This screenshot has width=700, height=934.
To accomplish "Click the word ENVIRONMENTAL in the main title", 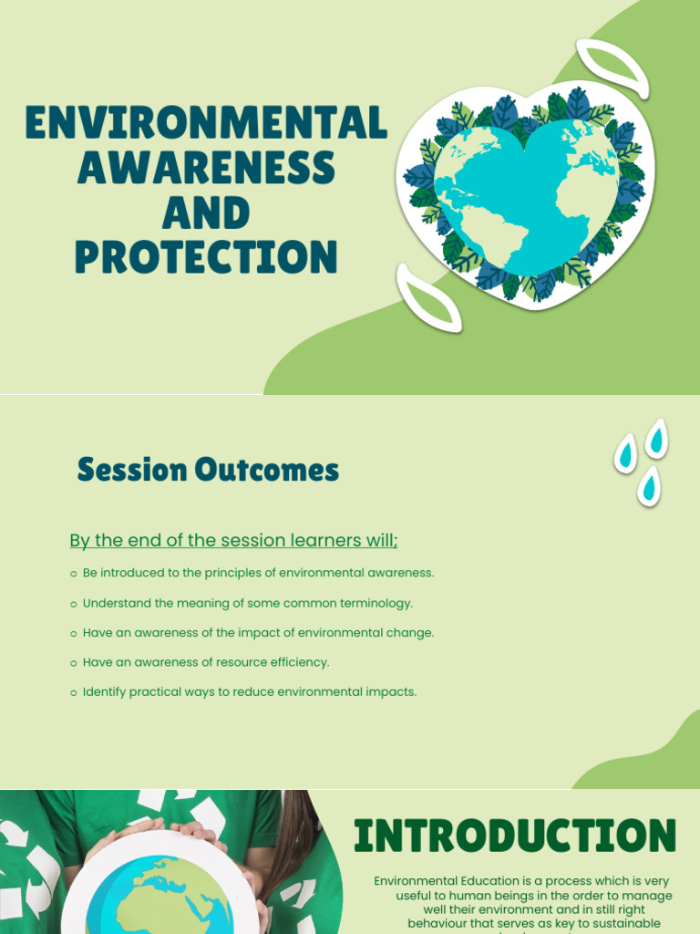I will pos(206,123).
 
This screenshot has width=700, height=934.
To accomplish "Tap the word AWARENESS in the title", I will pos(206,168).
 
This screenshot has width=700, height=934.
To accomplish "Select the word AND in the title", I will pos(206,213).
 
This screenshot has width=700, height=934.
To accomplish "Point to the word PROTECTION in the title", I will pos(206,257).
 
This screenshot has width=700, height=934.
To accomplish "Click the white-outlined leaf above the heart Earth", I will pos(613,67).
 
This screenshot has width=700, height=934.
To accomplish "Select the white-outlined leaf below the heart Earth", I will pos(428,297).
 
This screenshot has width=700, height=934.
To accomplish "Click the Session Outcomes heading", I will pos(208,471).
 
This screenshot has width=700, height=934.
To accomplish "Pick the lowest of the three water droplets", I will pos(649,485).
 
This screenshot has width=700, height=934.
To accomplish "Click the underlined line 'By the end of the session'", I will pos(234,541).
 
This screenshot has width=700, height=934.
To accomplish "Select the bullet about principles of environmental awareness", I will pos(258,573).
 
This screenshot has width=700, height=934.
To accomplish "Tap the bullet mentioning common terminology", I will pos(247,603).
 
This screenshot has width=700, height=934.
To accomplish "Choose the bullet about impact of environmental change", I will pos(258,633).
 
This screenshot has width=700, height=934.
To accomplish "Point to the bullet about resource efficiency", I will pos(206,662).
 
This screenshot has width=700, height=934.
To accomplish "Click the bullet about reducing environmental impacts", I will pos(249,692).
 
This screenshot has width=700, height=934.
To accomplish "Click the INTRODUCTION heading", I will pos(515,836).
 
